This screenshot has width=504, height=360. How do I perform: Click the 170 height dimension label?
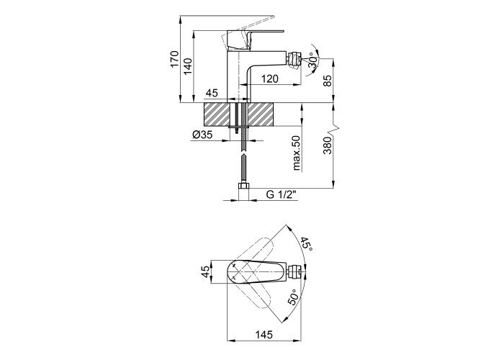pyautogui.click(x=174, y=59)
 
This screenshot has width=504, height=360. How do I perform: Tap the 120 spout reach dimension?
pyautogui.click(x=270, y=78)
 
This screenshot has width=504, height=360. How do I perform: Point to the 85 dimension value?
pyautogui.click(x=327, y=81)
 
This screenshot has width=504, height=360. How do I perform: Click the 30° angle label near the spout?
pyautogui.click(x=314, y=60)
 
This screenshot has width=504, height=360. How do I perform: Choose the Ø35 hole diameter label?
pyautogui.click(x=202, y=135)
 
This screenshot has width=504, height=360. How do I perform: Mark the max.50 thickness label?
pyautogui.click(x=296, y=153)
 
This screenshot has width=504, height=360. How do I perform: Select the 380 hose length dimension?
pyautogui.click(x=327, y=145)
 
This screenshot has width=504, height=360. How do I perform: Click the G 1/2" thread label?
pyautogui.click(x=282, y=195)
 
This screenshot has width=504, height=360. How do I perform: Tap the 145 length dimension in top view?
pyautogui.click(x=264, y=335)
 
